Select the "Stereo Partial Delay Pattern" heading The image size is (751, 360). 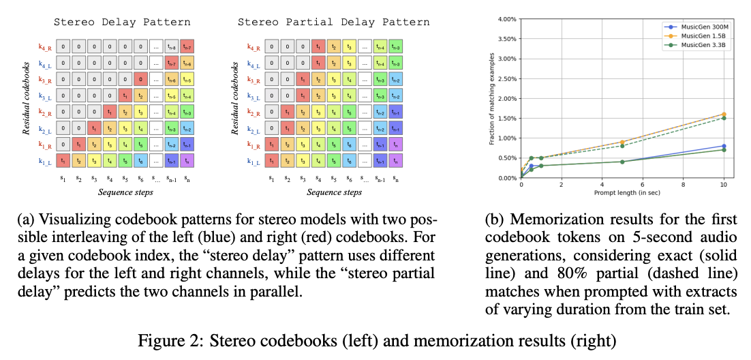click(x=333, y=22)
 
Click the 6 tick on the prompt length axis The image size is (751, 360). click(x=643, y=184)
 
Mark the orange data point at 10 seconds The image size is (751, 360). click(x=723, y=114)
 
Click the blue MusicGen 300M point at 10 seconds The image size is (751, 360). click(x=723, y=146)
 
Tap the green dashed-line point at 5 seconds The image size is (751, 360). click(x=622, y=145)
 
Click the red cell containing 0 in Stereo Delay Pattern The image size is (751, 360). click(x=140, y=79)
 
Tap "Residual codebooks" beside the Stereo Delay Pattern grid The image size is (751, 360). click(x=25, y=102)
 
